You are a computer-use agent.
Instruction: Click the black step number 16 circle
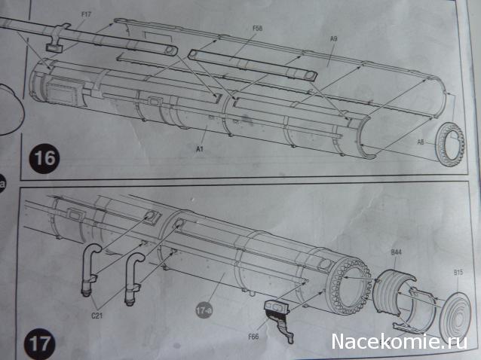pos(44,158)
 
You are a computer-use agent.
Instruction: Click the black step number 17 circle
pos(40,344)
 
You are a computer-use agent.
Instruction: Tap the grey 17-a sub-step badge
pos(204,311)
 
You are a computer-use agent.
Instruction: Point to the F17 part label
pos(86,14)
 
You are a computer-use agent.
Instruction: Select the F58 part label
pos(257,28)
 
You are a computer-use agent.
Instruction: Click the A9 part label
pos(334,38)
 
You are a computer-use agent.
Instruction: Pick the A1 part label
pos(200,149)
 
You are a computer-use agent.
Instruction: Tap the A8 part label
pos(421,142)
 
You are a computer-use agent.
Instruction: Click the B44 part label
pos(396,252)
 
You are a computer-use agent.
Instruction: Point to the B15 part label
pos(458,272)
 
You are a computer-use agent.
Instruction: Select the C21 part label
pos(97,316)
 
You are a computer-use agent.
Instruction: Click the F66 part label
pos(253,337)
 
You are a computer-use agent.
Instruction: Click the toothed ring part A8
pos(451,145)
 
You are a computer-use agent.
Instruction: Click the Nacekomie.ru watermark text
pos(399,341)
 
